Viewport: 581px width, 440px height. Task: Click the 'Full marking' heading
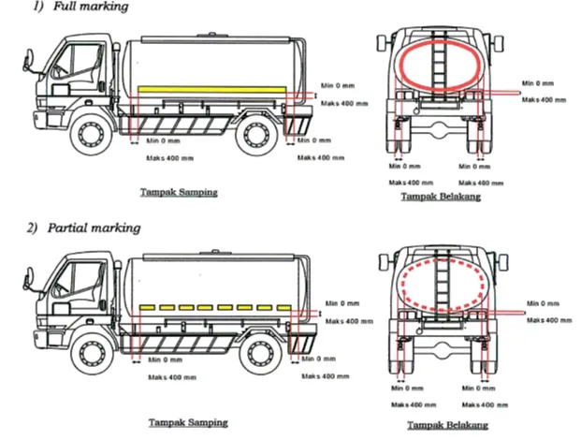[x=91, y=7]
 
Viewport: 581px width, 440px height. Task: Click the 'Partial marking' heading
[x=94, y=227]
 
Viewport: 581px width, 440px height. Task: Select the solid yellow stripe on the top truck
[x=212, y=89]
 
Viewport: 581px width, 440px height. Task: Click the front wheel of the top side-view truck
[x=90, y=134]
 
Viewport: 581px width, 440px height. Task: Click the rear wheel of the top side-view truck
[x=255, y=134]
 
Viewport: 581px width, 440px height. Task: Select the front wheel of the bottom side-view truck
[x=91, y=353]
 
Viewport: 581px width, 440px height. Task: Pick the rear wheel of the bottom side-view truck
[x=260, y=353]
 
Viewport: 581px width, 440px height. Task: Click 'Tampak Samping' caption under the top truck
[x=179, y=193]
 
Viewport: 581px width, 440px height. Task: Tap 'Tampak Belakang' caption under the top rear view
[x=441, y=197]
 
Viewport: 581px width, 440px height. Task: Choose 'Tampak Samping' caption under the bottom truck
[x=188, y=422]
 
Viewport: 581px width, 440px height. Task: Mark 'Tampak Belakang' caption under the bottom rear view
[x=447, y=425]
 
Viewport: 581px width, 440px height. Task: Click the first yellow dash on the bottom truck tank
[x=147, y=307]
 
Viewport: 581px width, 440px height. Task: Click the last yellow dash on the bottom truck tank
[x=284, y=307]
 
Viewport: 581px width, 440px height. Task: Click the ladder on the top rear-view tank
[x=441, y=63]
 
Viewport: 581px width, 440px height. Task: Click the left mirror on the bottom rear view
[x=384, y=262]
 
